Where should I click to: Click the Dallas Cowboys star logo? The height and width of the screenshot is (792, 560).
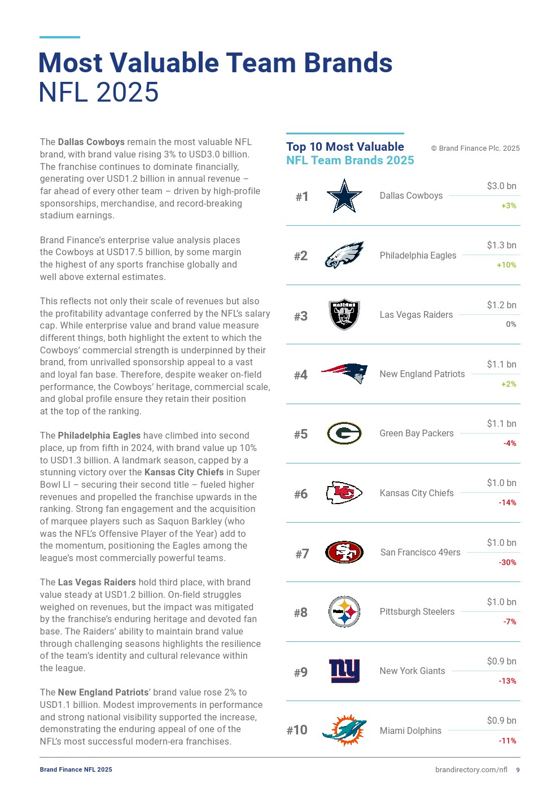pyautogui.click(x=344, y=196)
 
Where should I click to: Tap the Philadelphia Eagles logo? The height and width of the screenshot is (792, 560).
pyautogui.click(x=344, y=255)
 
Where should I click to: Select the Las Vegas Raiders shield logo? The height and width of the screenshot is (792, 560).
pyautogui.click(x=344, y=314)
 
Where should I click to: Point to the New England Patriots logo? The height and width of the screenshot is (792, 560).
pyautogui.click(x=344, y=373)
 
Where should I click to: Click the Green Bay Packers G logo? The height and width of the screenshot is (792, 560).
pyautogui.click(x=344, y=433)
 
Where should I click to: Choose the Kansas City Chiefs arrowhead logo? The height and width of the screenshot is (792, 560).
pyautogui.click(x=344, y=493)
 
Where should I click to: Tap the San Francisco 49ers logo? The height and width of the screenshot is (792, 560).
pyautogui.click(x=344, y=552)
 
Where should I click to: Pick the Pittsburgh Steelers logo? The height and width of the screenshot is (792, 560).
pyautogui.click(x=344, y=611)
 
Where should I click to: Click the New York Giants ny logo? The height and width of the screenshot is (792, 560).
pyautogui.click(x=344, y=671)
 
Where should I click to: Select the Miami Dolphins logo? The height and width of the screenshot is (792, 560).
pyautogui.click(x=344, y=730)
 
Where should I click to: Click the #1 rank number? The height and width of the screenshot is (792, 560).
pyautogui.click(x=302, y=196)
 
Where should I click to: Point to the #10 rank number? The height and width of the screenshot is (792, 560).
pyautogui.click(x=297, y=730)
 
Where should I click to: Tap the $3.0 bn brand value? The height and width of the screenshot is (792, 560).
pyautogui.click(x=501, y=186)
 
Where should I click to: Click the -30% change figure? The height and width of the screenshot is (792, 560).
pyautogui.click(x=507, y=562)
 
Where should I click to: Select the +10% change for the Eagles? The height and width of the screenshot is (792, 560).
pyautogui.click(x=506, y=265)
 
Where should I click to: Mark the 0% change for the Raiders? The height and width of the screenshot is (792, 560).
pyautogui.click(x=511, y=324)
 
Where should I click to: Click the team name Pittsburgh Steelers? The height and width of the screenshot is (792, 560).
pyautogui.click(x=417, y=611)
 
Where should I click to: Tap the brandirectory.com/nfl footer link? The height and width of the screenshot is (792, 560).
pyautogui.click(x=471, y=769)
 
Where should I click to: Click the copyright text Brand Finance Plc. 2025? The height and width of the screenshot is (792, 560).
pyautogui.click(x=475, y=148)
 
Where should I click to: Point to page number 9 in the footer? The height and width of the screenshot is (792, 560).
pyautogui.click(x=518, y=770)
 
